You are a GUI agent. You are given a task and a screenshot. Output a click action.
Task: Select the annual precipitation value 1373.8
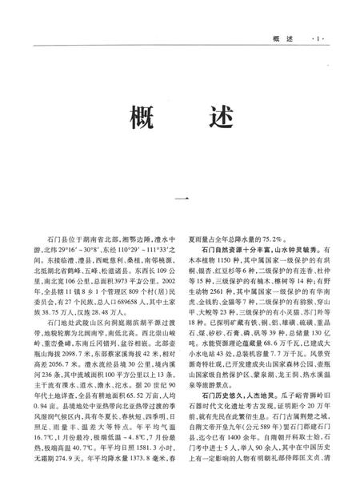[136, 486]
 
